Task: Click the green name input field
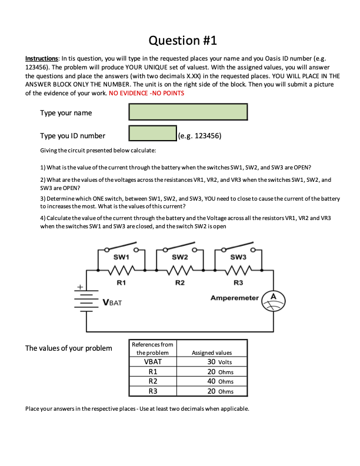click(x=187, y=112)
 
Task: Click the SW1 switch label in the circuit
click(x=121, y=257)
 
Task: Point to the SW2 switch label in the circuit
click(x=180, y=257)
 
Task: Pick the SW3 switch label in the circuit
click(x=239, y=257)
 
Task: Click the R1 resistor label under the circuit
click(x=121, y=283)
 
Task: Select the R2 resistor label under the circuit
click(x=179, y=283)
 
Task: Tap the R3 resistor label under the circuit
click(x=238, y=283)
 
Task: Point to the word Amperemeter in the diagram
click(x=235, y=298)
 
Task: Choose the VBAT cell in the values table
click(x=153, y=362)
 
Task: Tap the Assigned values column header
click(x=212, y=352)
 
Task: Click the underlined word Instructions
click(x=42, y=59)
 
